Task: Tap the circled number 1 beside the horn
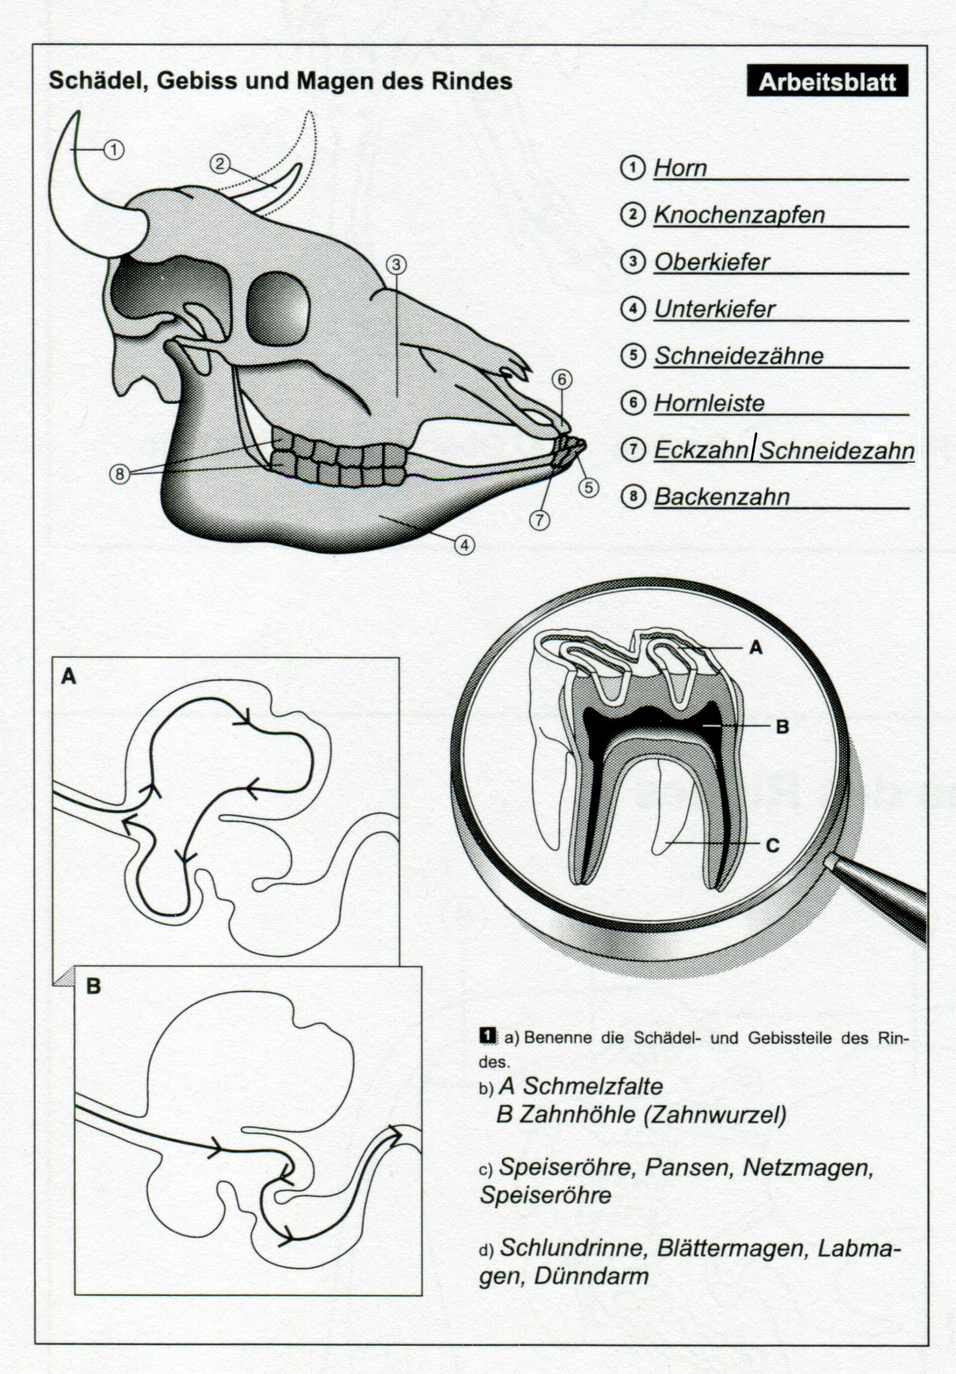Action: point(114,149)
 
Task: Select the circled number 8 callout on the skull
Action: point(119,474)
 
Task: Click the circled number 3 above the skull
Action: point(396,264)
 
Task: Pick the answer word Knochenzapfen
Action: point(739,215)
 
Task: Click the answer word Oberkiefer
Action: point(712,262)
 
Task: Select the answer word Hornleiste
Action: point(709,404)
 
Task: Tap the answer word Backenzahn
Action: point(721,497)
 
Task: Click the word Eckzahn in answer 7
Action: point(701,450)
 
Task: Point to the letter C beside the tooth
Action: point(772,845)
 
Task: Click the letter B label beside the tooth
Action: point(782,727)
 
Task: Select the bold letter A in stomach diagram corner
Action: point(69,676)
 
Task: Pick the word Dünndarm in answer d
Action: point(591,1275)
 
